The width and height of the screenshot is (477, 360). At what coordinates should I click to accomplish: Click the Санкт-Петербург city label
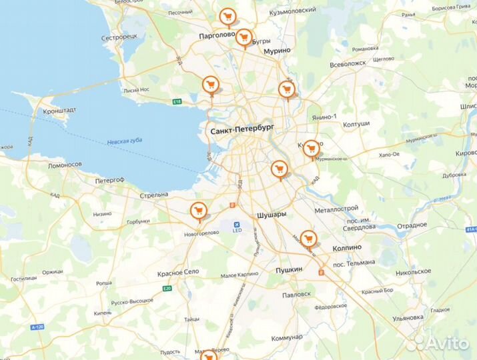[x=242, y=131]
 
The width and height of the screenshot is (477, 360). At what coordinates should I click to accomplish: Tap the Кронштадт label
[x=59, y=111]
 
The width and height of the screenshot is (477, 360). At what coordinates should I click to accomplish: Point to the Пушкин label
[x=289, y=269]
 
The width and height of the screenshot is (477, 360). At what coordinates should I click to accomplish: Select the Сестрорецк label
[x=119, y=37]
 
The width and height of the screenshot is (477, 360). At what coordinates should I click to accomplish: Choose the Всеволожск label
[x=348, y=65]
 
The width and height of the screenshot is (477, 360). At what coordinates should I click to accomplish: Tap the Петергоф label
[x=109, y=180]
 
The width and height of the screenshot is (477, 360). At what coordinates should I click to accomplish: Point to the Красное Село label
[x=178, y=274]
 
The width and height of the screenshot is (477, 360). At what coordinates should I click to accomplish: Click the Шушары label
[x=272, y=215]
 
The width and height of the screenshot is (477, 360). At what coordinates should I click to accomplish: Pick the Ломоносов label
[x=64, y=165]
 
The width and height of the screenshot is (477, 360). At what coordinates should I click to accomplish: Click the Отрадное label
[x=411, y=225]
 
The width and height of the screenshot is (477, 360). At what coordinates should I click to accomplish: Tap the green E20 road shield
[x=167, y=289]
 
